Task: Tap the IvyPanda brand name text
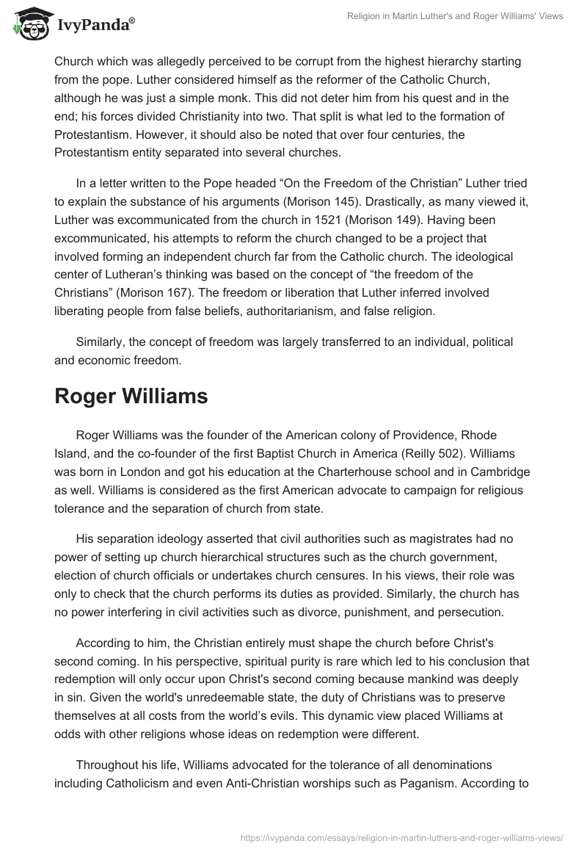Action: [x=93, y=25]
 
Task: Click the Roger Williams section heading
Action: [x=131, y=396]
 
